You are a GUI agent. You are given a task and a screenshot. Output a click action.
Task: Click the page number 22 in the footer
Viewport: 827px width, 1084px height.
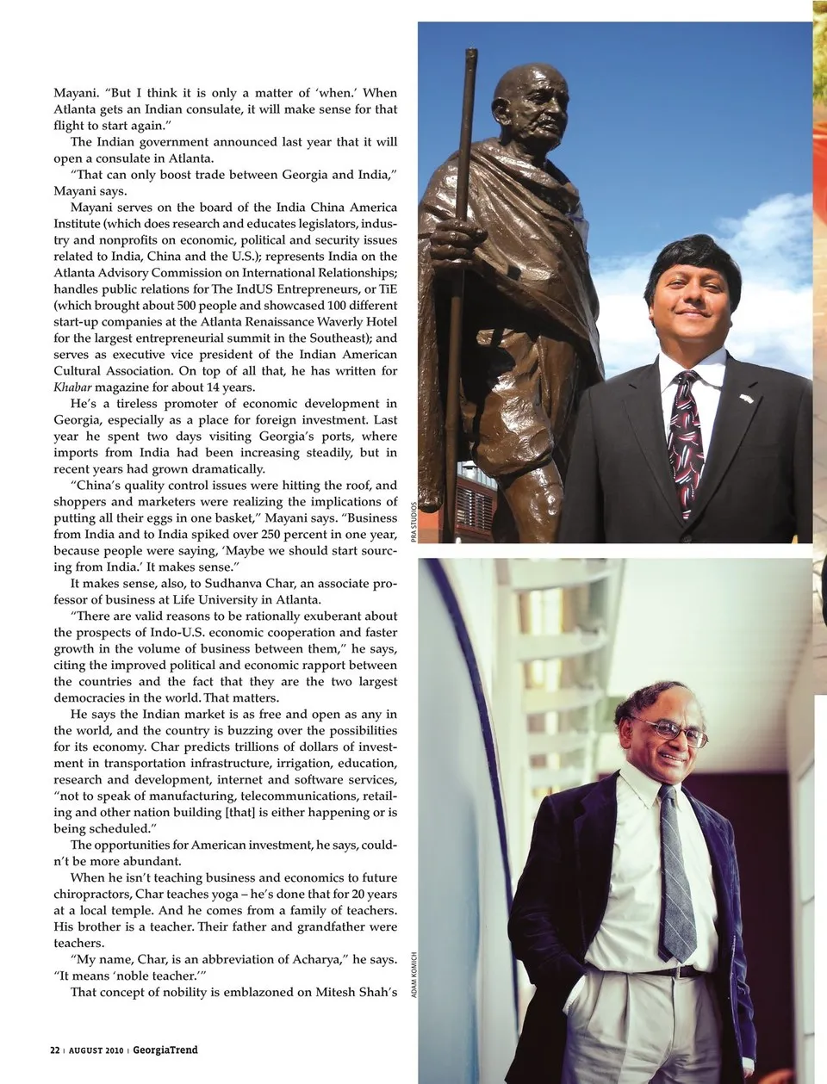point(54,1050)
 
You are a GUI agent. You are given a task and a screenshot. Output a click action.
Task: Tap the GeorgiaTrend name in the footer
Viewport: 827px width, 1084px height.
point(165,1050)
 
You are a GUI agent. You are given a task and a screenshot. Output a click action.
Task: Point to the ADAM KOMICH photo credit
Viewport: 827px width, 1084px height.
point(414,974)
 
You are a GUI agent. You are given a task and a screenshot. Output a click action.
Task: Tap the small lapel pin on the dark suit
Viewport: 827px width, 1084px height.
point(745,400)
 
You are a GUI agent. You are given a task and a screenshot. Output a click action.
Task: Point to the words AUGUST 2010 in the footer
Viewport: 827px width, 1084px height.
point(97,1050)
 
